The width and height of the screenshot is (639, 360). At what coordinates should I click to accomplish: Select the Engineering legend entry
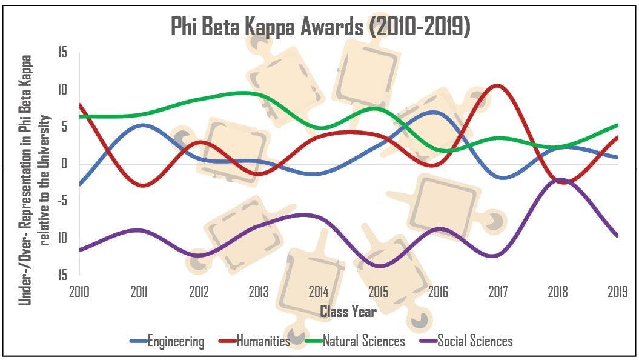176,341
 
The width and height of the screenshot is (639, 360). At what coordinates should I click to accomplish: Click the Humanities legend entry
263,341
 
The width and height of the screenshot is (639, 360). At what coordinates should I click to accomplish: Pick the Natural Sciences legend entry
363,341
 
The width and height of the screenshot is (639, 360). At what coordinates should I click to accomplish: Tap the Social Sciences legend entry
474,341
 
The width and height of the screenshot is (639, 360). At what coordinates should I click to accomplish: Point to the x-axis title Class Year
348,312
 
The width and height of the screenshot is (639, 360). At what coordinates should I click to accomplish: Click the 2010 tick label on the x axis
79,292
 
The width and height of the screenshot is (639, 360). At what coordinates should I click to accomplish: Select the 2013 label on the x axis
259,292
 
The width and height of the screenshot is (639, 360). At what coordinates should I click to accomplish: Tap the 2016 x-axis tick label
438,292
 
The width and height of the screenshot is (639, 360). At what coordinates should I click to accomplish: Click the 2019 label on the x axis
617,292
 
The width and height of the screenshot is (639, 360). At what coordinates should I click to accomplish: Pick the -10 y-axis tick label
62,238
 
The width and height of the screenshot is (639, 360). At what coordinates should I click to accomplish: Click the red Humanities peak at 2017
497,86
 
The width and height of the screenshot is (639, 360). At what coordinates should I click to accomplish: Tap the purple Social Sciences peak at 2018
560,179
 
